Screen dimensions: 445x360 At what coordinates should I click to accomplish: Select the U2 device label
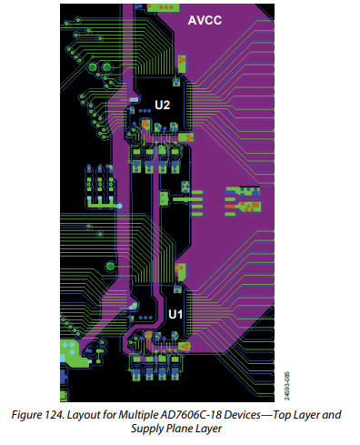pos(162,106)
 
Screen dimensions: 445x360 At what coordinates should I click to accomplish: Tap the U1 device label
pos(176,314)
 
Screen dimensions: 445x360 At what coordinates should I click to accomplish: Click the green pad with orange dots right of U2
pos(244,199)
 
